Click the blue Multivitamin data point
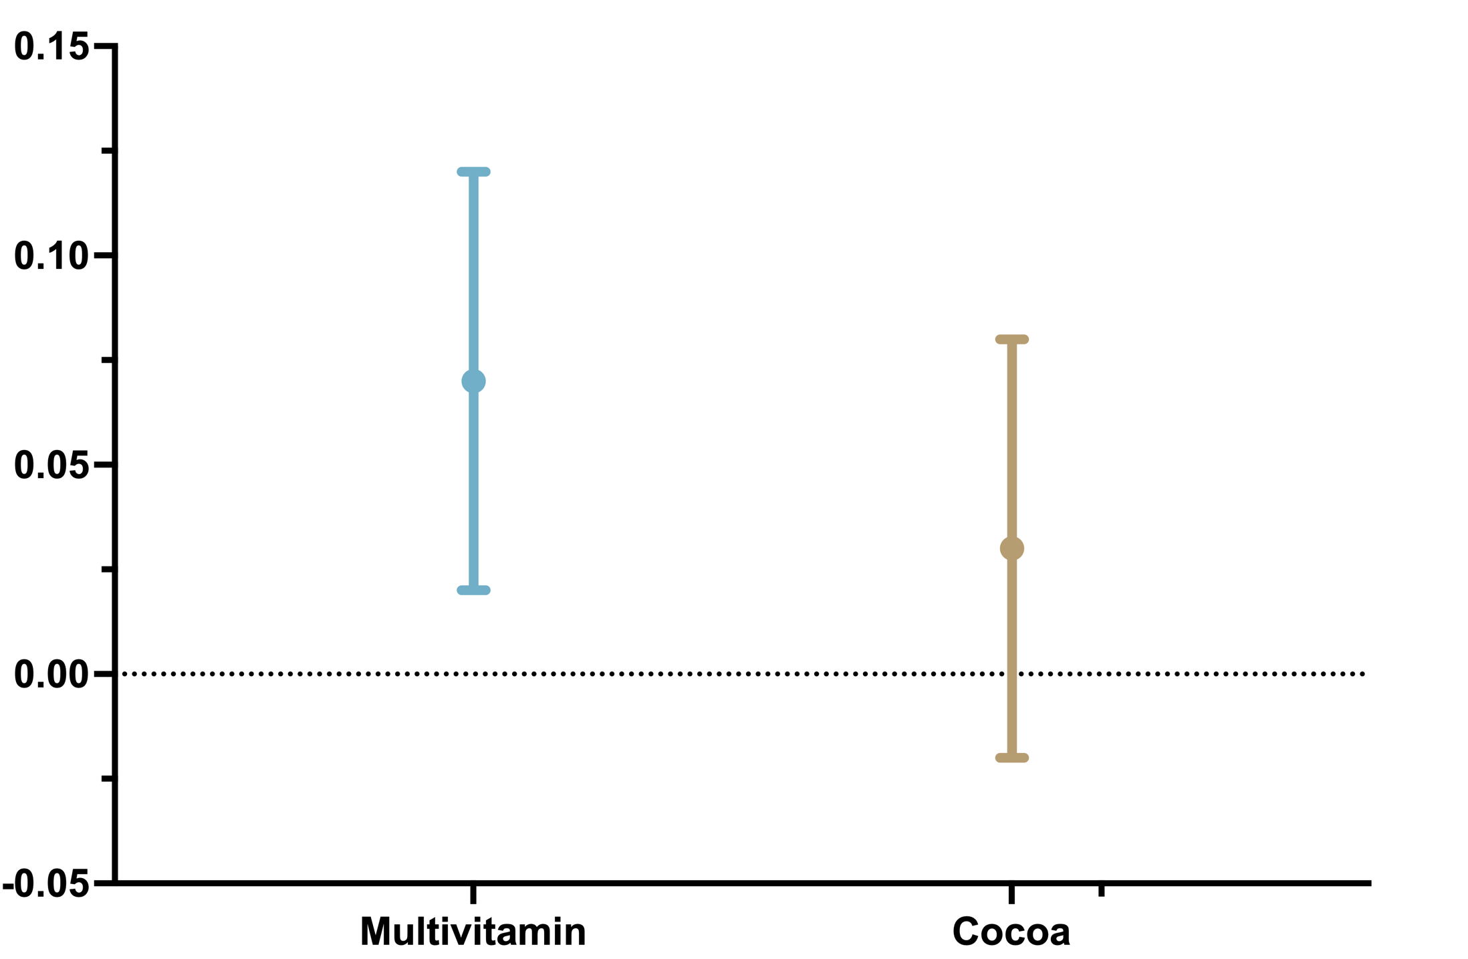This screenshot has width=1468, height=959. tap(473, 381)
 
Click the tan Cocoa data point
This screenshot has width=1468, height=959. tap(1011, 548)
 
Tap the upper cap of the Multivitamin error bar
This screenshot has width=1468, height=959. tap(473, 172)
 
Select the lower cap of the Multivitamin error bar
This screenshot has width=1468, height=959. tap(473, 590)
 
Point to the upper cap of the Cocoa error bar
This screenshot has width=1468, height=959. tap(1011, 339)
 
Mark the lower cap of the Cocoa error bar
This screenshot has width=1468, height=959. tap(1011, 758)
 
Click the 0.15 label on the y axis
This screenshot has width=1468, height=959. tap(51, 47)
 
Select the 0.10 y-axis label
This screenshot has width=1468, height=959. tap(51, 255)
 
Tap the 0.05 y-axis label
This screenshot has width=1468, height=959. tap(51, 465)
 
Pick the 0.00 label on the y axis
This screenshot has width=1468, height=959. tap(51, 674)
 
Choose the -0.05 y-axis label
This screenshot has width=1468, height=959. tap(46, 883)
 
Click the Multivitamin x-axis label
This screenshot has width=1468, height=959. tap(473, 931)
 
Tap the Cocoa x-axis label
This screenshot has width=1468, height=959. tap(1011, 931)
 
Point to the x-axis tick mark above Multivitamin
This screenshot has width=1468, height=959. tap(473, 894)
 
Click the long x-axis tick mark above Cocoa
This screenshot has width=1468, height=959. tap(1011, 894)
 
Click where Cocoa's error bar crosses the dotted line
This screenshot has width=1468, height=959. tap(1011, 673)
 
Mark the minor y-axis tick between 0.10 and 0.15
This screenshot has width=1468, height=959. tap(107, 151)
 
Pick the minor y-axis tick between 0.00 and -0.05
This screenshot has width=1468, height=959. tap(107, 778)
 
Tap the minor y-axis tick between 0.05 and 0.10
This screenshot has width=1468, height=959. tap(107, 360)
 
